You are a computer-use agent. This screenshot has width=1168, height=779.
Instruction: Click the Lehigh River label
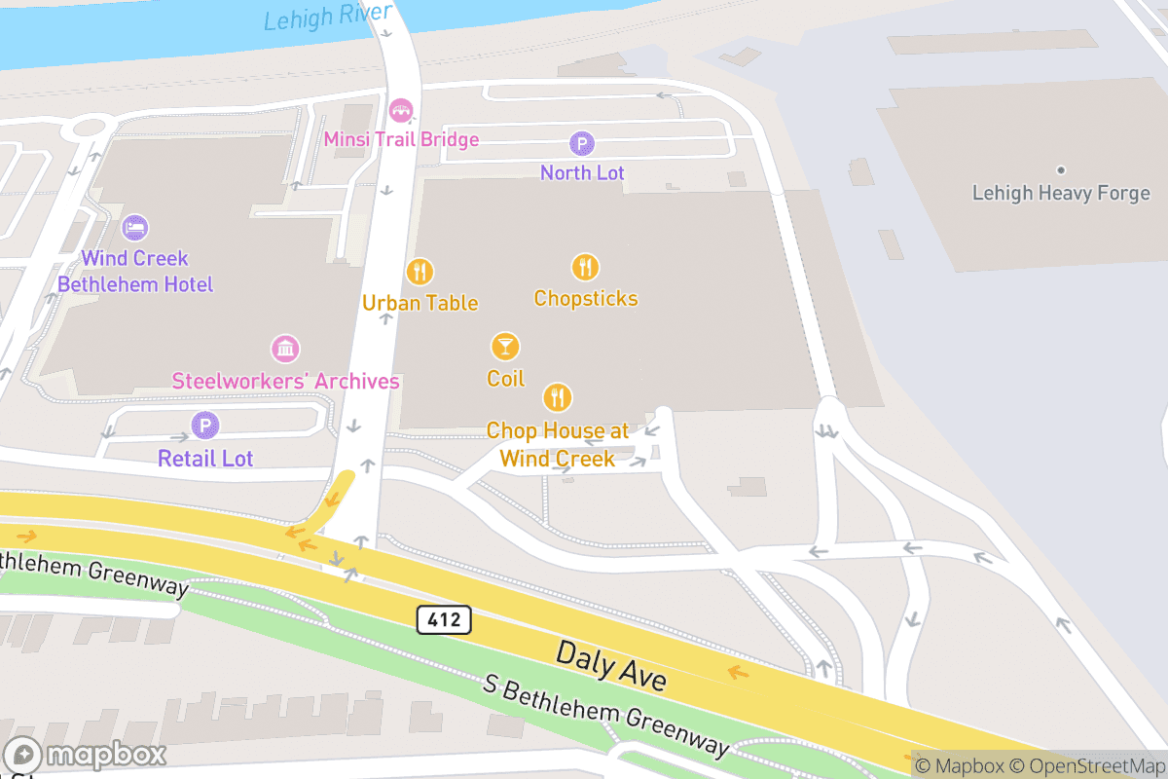click(327, 16)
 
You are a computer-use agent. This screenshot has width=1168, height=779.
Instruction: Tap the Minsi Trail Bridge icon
click(400, 109)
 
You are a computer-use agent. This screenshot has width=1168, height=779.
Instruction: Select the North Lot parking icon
click(582, 144)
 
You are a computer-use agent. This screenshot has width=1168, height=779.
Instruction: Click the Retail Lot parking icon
click(205, 425)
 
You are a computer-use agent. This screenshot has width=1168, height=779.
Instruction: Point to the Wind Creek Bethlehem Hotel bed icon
click(135, 228)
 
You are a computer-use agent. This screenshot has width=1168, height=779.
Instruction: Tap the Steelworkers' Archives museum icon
click(285, 349)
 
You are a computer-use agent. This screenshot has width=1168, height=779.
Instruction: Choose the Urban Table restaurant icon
click(420, 272)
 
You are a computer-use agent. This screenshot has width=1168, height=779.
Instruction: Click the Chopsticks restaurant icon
click(585, 267)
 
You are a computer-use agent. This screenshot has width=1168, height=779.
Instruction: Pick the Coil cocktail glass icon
click(505, 346)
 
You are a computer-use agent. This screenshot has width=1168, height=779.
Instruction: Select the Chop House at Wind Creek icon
click(557, 397)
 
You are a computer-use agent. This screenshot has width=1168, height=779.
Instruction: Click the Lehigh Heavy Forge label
click(1061, 193)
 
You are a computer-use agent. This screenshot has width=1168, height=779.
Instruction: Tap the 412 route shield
click(445, 618)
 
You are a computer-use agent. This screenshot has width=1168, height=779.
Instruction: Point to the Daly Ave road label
click(611, 666)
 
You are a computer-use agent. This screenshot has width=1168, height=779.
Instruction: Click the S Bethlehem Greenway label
click(605, 714)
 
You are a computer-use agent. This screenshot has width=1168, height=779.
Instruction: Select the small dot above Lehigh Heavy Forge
click(1061, 170)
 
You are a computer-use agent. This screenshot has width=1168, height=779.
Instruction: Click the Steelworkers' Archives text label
click(285, 381)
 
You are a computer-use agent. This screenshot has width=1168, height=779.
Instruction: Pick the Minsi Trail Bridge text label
click(401, 139)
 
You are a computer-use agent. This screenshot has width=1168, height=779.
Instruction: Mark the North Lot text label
click(582, 173)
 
